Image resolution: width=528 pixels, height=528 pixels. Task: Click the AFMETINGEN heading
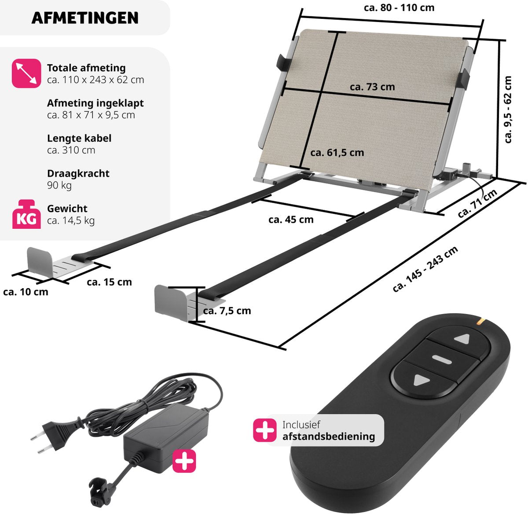85,18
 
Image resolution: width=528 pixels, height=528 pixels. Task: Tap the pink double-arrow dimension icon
26,73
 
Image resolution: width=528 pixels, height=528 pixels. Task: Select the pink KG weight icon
26,214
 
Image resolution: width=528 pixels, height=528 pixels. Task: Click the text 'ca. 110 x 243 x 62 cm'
95,80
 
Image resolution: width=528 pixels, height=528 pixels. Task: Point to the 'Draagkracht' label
78,173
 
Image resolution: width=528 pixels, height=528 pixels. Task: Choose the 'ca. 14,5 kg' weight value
71,221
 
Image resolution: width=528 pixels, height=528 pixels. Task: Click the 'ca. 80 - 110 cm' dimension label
399,7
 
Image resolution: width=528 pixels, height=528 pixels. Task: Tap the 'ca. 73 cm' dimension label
372,87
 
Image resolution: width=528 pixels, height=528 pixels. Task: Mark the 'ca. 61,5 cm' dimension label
337,153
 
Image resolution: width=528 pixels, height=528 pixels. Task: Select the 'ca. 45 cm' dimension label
291,220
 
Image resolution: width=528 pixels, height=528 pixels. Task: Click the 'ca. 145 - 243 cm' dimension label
425,269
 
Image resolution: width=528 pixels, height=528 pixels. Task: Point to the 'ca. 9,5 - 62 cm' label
508,110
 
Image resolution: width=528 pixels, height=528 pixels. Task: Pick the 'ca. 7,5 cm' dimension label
227,311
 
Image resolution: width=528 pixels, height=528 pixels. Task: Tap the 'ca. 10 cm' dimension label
26,292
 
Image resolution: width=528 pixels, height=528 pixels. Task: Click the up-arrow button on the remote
462,339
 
